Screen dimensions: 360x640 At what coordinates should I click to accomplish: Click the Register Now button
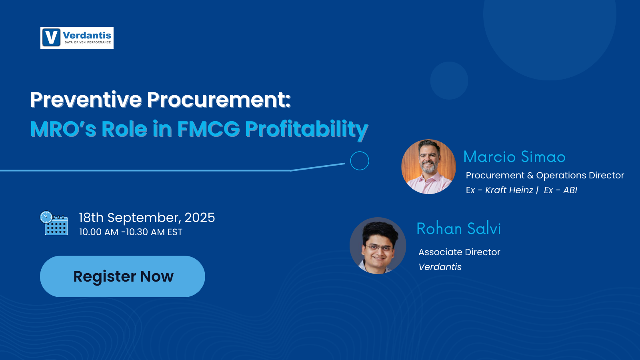coord(122,276)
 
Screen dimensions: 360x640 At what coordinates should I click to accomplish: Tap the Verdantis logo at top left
coord(77,38)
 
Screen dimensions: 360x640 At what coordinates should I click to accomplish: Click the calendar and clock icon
coord(54,223)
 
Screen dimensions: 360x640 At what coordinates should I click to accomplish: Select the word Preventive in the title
coord(86,100)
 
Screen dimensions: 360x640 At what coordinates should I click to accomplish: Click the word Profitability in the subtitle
coord(306,129)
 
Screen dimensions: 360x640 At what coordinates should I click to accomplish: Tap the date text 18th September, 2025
coord(147,218)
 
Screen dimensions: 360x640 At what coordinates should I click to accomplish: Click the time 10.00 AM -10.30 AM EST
coord(130,232)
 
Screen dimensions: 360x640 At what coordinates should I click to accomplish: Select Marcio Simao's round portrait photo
coord(428,166)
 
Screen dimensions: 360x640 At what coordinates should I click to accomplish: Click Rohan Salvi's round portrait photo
coord(378,245)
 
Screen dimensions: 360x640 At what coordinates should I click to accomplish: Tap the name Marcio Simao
coord(514,157)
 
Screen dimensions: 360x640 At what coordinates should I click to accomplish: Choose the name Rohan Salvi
coord(458,228)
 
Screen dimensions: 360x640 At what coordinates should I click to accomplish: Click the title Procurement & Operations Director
coord(544,175)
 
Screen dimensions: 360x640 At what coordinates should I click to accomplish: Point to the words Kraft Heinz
coord(509,190)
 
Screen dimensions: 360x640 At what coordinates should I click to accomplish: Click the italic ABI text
coord(570,190)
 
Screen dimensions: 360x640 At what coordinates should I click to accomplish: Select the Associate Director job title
coord(459,252)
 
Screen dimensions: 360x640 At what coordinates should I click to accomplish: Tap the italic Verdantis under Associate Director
coord(440,267)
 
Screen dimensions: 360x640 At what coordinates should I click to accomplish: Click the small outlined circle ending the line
coord(359,161)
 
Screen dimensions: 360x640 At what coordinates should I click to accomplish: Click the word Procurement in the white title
coord(218,100)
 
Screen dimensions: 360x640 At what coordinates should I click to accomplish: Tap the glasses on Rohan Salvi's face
coord(378,248)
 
